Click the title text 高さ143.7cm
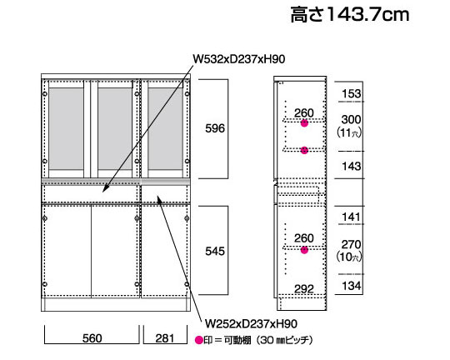(350, 14)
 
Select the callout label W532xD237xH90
(239, 59)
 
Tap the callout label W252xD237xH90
(251, 324)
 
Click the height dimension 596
(215, 128)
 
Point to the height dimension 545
(215, 251)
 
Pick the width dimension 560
(92, 338)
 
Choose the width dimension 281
(165, 338)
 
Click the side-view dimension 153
(352, 93)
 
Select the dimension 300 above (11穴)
(352, 119)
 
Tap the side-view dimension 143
(352, 166)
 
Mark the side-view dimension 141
(352, 217)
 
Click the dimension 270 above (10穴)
(352, 245)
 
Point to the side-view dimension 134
(352, 286)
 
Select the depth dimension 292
(304, 289)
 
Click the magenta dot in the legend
(199, 340)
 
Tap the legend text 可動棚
(237, 341)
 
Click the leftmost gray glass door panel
(67, 128)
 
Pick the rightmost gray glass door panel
(166, 128)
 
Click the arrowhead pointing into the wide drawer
(105, 189)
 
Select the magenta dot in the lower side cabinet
(304, 250)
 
